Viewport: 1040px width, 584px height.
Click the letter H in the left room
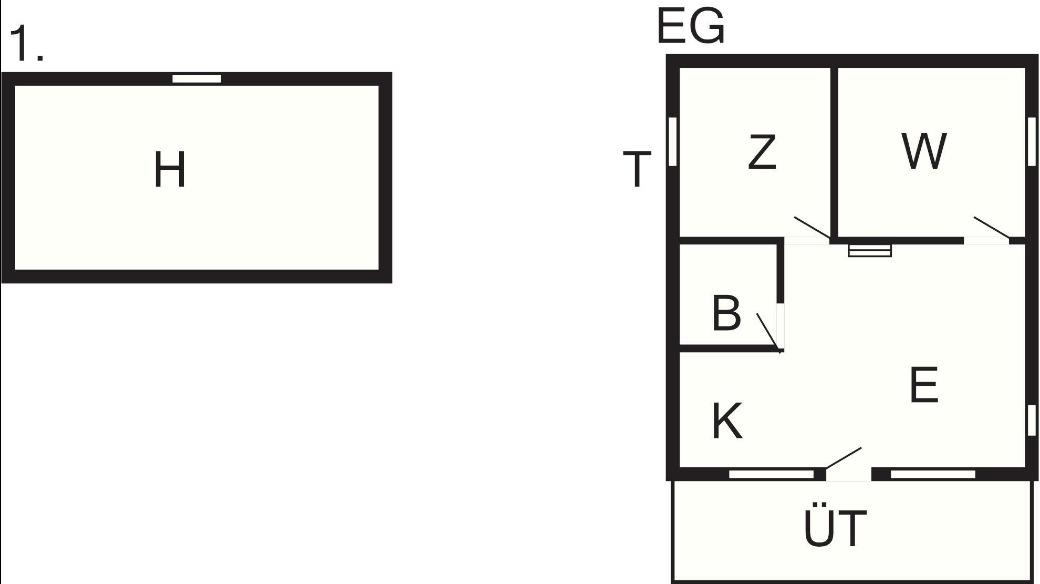tap(170, 169)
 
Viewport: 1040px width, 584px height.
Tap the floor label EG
tap(691, 26)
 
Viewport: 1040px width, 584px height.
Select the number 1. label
tap(26, 43)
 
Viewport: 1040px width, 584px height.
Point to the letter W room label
tap(924, 151)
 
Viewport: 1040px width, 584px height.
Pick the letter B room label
tap(726, 313)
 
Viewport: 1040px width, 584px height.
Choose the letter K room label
tap(727, 421)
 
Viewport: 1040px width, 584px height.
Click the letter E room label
tap(924, 385)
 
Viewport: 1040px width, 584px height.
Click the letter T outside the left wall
tap(637, 169)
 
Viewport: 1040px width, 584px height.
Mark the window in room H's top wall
tap(197, 79)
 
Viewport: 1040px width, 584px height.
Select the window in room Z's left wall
tap(672, 141)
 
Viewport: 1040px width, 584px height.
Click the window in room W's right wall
tap(1032, 141)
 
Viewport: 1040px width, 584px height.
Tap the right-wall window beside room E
tap(1032, 420)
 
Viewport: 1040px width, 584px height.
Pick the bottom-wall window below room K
tap(771, 474)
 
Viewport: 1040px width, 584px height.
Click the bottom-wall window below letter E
tap(933, 474)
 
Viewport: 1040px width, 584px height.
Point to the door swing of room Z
tap(812, 227)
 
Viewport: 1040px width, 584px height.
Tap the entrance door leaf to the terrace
tap(844, 458)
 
